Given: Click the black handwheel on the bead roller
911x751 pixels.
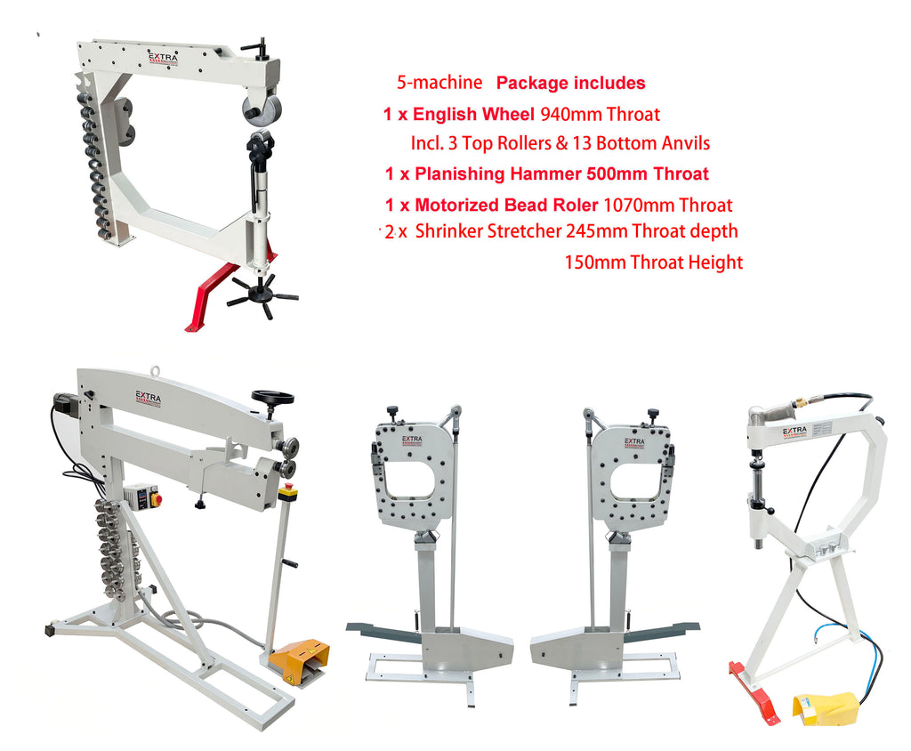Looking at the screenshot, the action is pyautogui.click(x=272, y=398).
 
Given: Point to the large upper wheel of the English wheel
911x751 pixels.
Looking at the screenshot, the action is pyautogui.click(x=262, y=109).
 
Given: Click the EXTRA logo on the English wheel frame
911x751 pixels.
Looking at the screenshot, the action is pyautogui.click(x=164, y=59).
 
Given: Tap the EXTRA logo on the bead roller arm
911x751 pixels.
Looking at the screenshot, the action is pyautogui.click(x=149, y=398).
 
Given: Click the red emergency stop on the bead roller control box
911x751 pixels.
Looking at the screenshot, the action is pyautogui.click(x=156, y=499).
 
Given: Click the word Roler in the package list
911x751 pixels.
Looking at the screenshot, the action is pyautogui.click(x=576, y=206).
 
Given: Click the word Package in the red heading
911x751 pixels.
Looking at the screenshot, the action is pyautogui.click(x=534, y=83).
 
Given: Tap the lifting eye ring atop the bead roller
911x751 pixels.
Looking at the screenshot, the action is pyautogui.click(x=155, y=371).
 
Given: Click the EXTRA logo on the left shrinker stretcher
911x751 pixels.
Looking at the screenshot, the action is pyautogui.click(x=412, y=441).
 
